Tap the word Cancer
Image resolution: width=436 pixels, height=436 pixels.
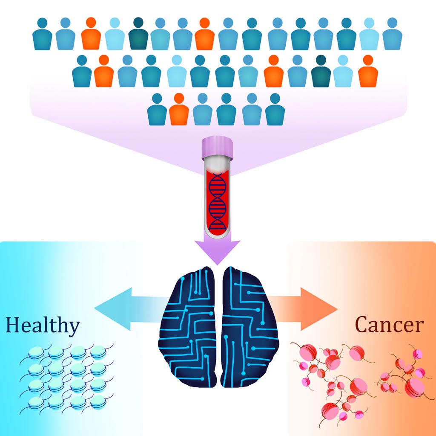pos(389,325)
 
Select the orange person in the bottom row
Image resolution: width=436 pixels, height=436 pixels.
pos(179,109)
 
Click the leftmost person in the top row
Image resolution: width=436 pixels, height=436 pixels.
pos(42,34)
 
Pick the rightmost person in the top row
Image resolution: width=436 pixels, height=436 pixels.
pos(392,34)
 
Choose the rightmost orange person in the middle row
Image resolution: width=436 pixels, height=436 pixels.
pos(368,71)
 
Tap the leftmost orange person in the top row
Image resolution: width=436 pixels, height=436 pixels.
pos(91,34)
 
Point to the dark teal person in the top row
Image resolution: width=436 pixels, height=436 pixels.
pos(138,34)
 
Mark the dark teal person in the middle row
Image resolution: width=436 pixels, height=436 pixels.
pos(321,71)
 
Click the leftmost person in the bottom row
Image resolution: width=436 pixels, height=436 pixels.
pos(157,109)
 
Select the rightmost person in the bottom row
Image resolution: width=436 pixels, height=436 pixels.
pos(275,109)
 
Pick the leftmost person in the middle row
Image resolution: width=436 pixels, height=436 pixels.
pos(82,71)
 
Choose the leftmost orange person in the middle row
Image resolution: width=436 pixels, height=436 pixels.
pos(104,71)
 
